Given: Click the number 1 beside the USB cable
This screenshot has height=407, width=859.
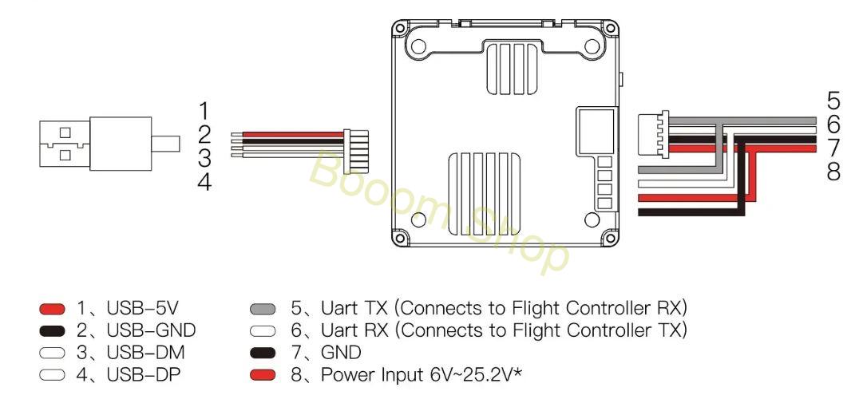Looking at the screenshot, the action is [204, 111].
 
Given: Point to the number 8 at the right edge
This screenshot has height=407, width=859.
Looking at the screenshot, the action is [833, 172].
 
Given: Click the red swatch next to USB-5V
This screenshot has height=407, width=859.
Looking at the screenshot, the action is [52, 309].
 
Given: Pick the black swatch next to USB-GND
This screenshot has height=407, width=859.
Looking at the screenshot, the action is [52, 331].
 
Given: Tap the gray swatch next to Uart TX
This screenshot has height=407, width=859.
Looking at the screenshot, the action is [263, 309].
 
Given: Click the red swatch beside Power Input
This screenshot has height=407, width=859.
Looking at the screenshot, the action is [263, 375].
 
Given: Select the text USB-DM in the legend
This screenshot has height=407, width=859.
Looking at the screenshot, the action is [145, 353].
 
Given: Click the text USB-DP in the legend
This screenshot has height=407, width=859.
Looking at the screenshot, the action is [143, 375].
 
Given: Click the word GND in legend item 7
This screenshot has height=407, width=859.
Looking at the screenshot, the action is [341, 353].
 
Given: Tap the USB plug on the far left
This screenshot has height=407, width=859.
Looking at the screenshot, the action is [109, 144].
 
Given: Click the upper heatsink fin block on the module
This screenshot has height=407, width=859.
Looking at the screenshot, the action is [511, 67].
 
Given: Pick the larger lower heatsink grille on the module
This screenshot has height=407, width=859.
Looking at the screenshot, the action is [485, 192].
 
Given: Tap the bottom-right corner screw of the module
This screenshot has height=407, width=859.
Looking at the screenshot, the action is [609, 237].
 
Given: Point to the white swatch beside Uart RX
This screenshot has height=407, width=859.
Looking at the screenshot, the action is [263, 331].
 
